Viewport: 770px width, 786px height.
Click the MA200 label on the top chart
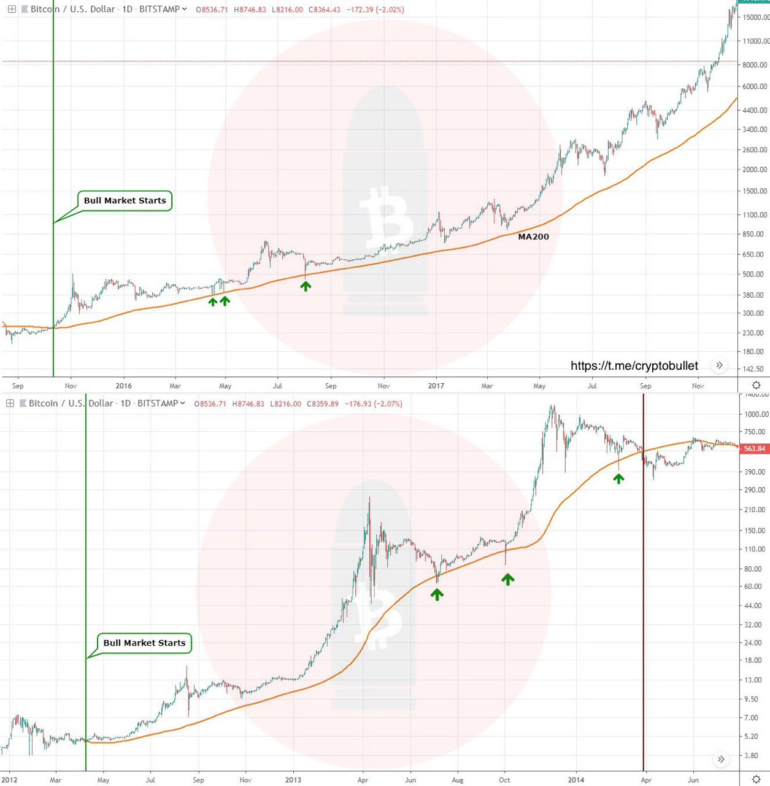[533, 236]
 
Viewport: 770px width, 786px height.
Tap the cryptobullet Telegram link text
[634, 366]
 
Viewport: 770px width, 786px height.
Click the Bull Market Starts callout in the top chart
[125, 201]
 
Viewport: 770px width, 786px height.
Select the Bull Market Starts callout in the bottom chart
[144, 643]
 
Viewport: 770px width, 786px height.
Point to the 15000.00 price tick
[755, 17]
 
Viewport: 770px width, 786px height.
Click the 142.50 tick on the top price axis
[753, 369]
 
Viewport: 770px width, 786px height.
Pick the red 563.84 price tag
[754, 449]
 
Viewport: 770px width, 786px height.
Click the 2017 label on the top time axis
[436, 386]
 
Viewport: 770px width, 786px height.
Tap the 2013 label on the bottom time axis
[293, 780]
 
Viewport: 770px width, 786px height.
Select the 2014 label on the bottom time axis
[576, 780]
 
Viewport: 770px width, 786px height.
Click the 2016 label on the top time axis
[124, 386]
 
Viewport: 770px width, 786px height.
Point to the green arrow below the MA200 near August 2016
[306, 286]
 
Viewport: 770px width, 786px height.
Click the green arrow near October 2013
[507, 579]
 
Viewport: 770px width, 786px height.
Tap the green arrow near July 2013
[436, 594]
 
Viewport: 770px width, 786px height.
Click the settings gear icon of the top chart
[757, 385]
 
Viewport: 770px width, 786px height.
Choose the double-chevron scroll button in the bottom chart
[721, 760]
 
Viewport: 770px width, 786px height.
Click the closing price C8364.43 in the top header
[324, 10]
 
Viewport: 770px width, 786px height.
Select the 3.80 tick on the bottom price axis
[752, 756]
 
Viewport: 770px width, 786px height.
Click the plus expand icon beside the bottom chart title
[10, 403]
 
